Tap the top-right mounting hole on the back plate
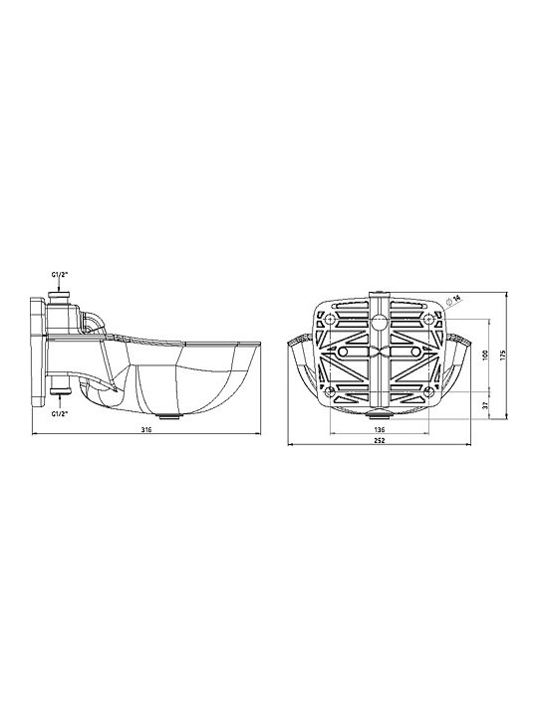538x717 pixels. [x=428, y=320]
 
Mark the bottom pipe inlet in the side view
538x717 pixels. [x=60, y=390]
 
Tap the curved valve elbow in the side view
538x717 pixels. [x=93, y=321]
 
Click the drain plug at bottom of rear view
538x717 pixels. [x=381, y=411]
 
